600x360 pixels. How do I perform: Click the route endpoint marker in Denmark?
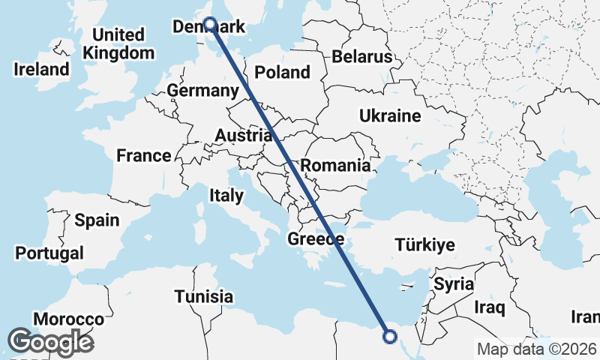point(210,24)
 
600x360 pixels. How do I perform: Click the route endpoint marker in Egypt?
point(389,336)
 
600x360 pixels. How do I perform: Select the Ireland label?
point(42,70)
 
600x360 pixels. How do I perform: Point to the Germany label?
point(202,91)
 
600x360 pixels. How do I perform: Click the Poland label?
point(282,73)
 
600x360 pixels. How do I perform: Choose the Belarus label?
point(362,56)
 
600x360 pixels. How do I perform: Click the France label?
point(144,156)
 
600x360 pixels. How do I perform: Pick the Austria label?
point(243,136)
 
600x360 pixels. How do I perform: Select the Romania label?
point(335,166)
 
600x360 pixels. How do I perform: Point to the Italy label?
point(226,196)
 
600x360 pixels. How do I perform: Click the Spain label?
point(97,220)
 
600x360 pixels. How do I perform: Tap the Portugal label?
point(49,253)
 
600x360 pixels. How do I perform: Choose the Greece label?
point(316,240)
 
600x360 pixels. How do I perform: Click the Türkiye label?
point(425,245)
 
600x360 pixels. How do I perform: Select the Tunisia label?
point(204,296)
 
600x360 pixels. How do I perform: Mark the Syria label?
point(454,284)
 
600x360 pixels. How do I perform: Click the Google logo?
point(51,342)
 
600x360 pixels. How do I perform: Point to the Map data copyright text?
point(537,349)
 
